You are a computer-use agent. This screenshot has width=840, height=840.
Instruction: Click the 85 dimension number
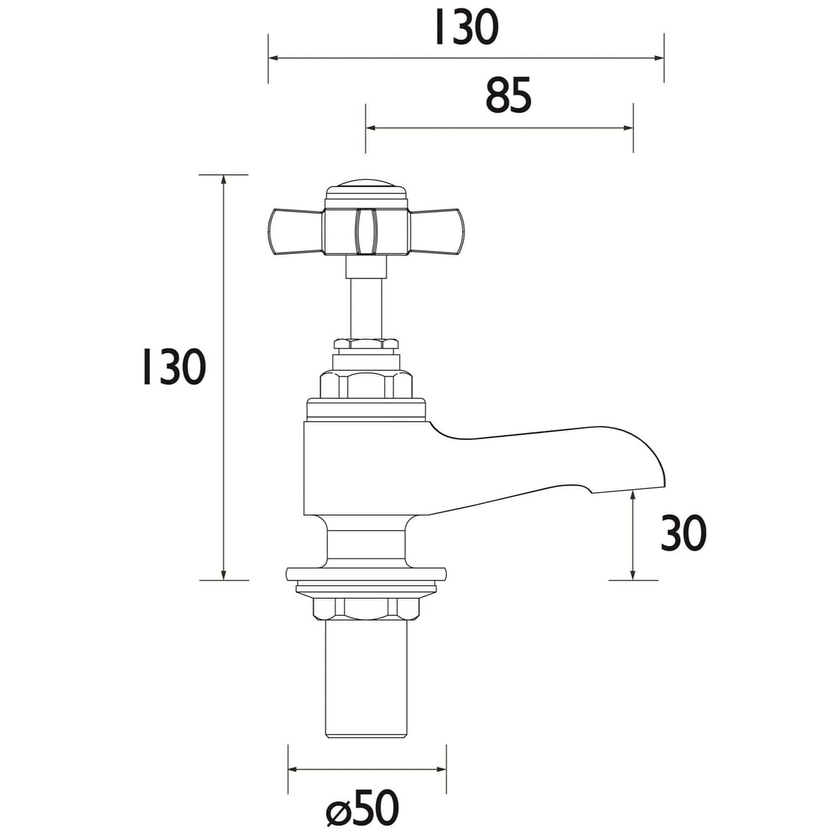(508, 96)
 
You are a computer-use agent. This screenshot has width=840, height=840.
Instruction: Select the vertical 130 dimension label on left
(172, 367)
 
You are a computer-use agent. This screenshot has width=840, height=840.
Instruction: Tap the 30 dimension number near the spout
(683, 533)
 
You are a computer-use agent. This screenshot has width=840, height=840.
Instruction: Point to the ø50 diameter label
(363, 807)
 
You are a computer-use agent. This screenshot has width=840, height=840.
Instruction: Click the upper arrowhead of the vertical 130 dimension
(223, 180)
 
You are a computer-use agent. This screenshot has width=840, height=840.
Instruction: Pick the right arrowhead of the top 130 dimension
(659, 58)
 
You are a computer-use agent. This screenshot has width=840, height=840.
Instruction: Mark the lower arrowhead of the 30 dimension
(633, 574)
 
